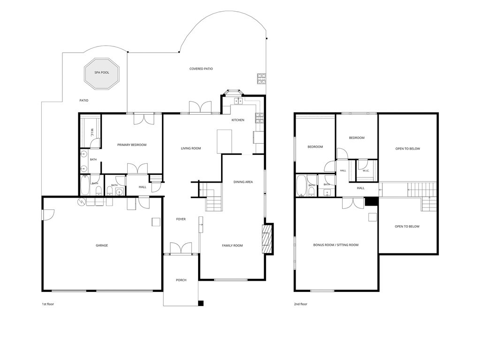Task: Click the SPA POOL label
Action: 102,73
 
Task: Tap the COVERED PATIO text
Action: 201,69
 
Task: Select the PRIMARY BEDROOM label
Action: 132,145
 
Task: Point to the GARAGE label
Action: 102,245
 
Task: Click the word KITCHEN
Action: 238,120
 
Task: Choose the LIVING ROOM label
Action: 190,148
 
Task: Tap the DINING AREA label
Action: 243,182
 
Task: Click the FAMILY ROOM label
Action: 232,245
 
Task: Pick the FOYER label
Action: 181,219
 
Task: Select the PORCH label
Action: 181,280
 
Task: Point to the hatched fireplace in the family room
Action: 267,239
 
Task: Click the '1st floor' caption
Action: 48,304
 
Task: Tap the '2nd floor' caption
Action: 300,304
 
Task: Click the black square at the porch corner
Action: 201,303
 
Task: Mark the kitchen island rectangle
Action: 224,141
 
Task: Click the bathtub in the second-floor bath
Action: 301,185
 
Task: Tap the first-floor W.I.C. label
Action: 91,132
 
